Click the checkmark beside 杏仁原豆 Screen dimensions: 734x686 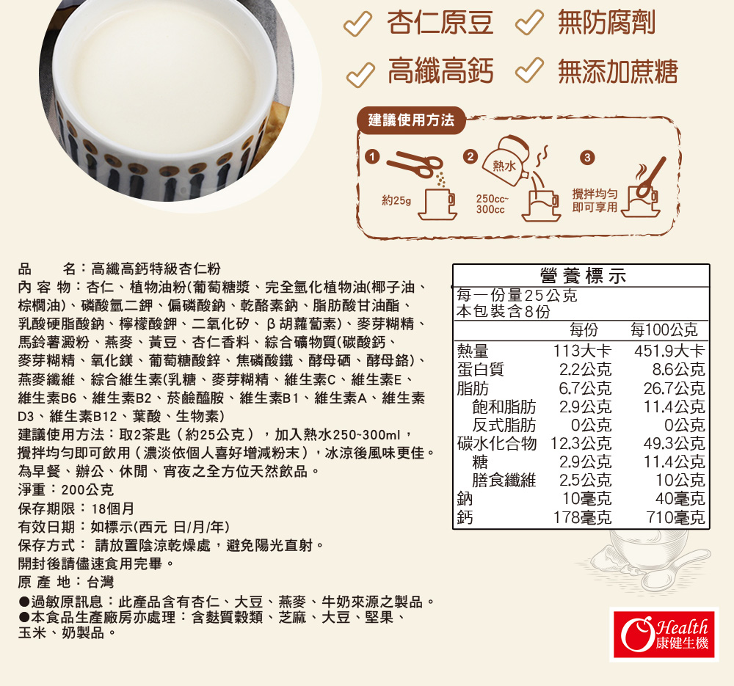357,23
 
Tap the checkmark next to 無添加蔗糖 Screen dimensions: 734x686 529,70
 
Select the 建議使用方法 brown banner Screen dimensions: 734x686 411,120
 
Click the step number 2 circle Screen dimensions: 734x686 470,156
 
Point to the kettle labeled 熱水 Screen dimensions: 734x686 506,159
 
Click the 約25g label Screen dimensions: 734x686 396,201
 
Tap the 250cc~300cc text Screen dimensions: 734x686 492,204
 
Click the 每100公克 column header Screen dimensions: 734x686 664,330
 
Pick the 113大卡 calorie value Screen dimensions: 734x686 582,351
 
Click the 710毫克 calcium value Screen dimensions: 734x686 675,517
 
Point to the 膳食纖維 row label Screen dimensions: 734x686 504,481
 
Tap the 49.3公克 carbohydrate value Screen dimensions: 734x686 674,443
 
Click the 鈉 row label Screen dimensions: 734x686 465,499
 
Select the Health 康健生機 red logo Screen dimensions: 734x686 664,634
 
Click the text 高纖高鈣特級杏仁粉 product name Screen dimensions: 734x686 156,269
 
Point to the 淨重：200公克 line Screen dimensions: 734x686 65,490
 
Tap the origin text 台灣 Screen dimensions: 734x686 100,582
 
